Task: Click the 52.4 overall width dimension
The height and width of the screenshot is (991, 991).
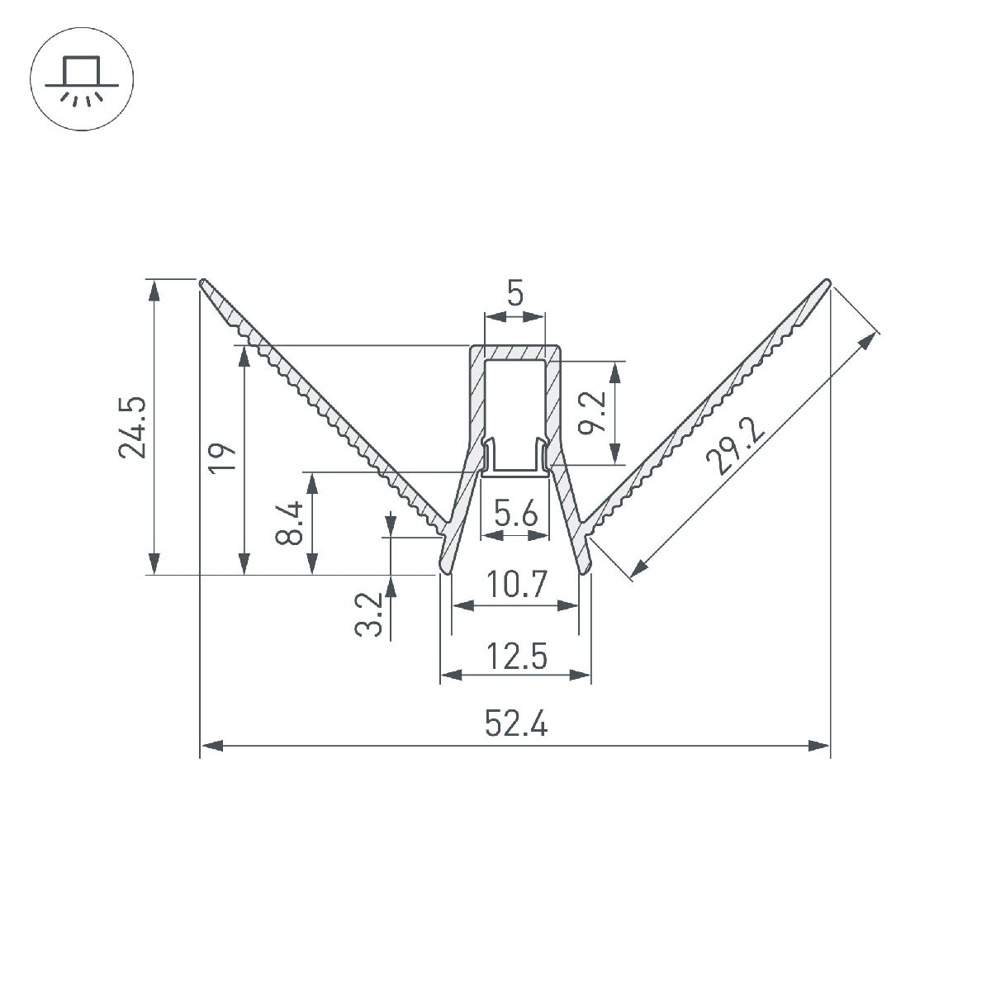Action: (515, 725)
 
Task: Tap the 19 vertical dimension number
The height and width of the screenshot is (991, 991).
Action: (224, 457)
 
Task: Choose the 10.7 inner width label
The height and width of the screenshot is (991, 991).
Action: (515, 586)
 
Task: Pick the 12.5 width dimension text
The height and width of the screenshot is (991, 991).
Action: (515, 657)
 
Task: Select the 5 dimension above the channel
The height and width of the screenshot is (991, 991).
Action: (515, 293)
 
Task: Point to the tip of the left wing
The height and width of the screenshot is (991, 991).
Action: (203, 282)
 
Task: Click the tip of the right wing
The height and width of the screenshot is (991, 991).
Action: (827, 282)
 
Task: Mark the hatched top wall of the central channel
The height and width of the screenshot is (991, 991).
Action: (515, 353)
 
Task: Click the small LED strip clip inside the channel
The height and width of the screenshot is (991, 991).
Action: (515, 462)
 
